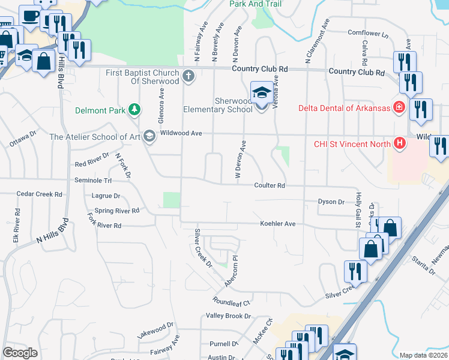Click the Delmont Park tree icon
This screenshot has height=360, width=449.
point(136,110)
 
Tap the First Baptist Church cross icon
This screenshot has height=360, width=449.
point(188,76)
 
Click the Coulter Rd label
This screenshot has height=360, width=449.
point(268,185)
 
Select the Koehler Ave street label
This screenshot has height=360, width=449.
point(278,224)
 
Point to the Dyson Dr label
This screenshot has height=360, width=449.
point(331,202)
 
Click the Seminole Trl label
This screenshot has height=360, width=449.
point(93,180)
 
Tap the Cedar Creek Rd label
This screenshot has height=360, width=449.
point(40,194)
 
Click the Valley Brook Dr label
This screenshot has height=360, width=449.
point(228,316)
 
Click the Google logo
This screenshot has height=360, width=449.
point(20,353)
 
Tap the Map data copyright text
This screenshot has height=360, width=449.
point(423,355)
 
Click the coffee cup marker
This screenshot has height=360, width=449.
point(30,16)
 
